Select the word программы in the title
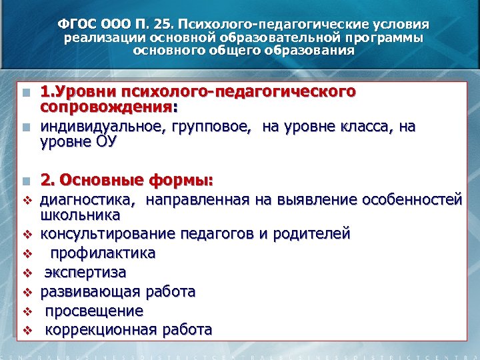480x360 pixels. tap(385, 37)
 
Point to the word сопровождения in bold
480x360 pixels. tap(105, 107)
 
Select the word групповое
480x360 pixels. tap(209, 127)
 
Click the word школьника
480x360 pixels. tap(80, 215)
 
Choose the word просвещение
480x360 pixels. tap(94, 311)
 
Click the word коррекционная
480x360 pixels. tap(102, 329)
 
